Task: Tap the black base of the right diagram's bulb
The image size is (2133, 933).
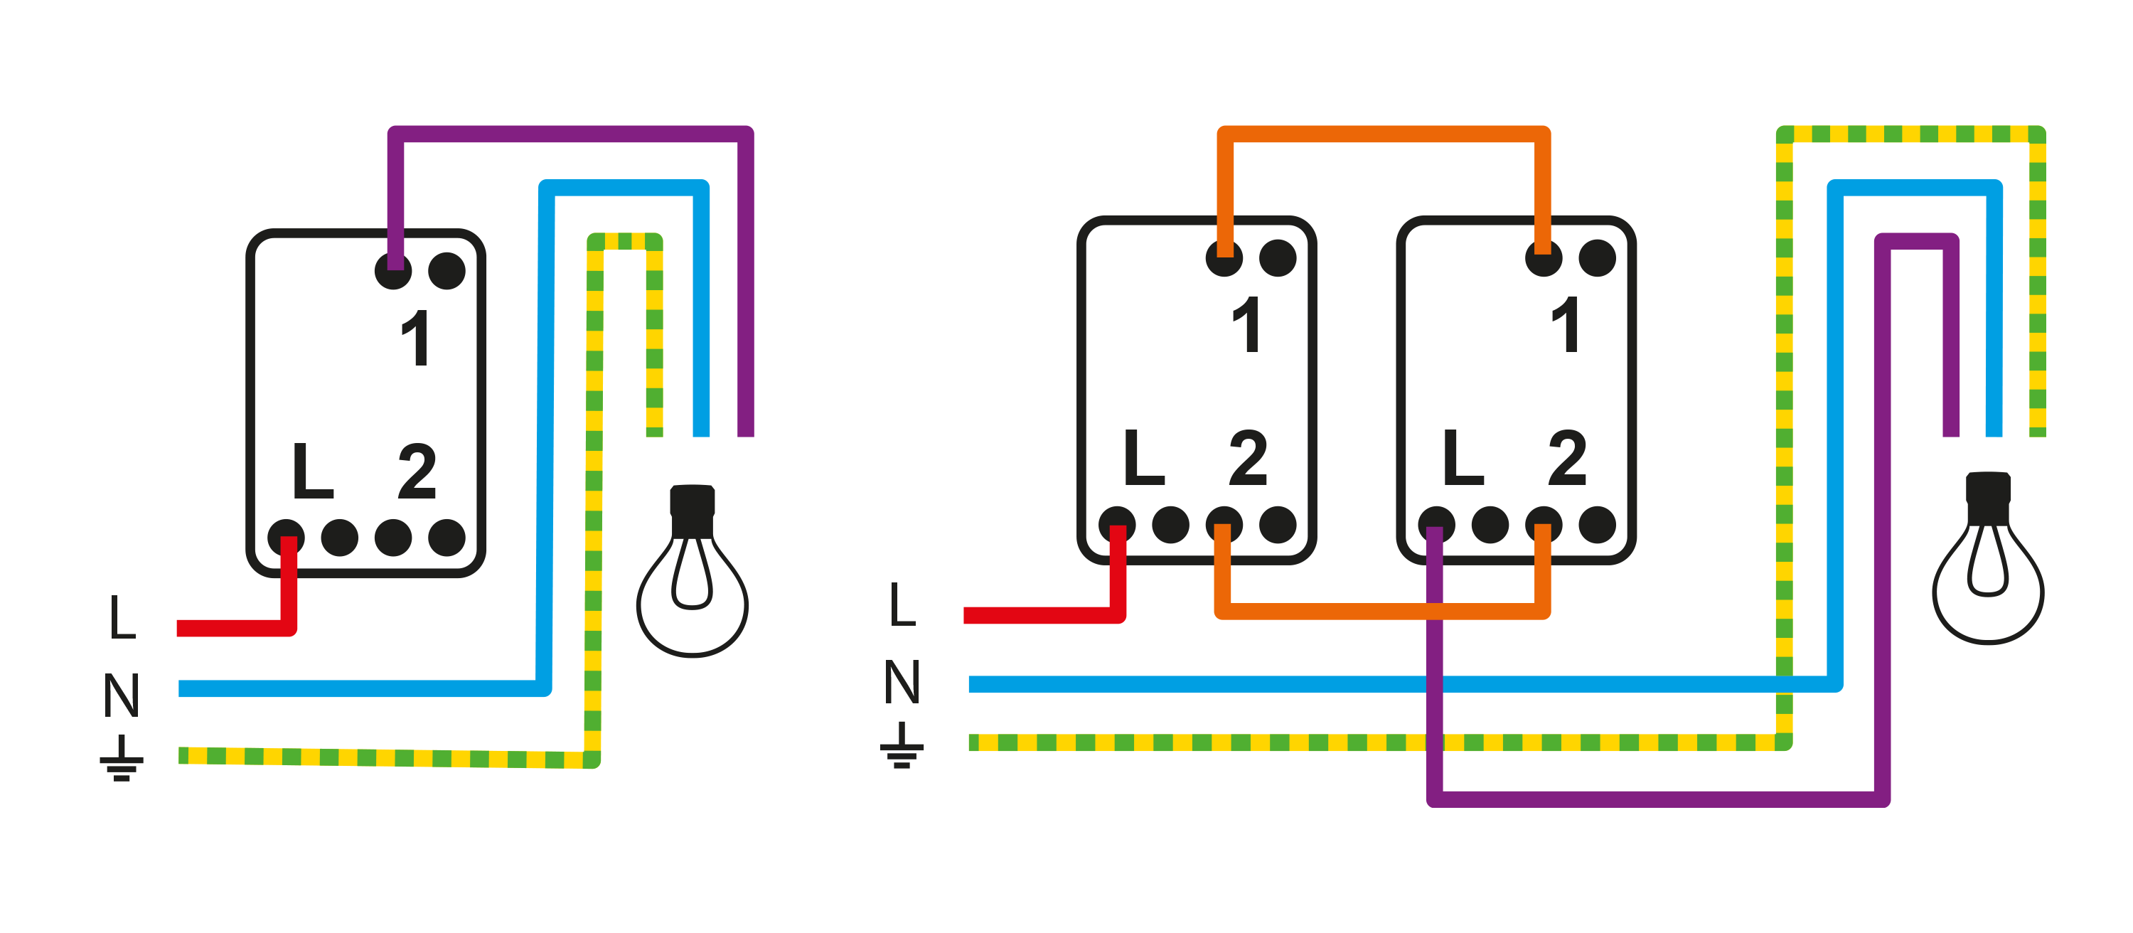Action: point(1988,498)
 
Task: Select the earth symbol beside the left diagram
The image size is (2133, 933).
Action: point(122,758)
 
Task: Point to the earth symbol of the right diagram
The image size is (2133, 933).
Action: point(902,745)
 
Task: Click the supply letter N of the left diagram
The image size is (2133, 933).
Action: point(122,695)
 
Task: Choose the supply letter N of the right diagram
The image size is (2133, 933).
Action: point(902,682)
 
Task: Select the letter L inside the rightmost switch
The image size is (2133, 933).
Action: point(1463,458)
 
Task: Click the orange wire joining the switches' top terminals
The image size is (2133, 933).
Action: point(1383,134)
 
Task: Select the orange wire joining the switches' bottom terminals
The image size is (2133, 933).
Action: point(1383,611)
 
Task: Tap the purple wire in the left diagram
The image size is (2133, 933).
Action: point(572,134)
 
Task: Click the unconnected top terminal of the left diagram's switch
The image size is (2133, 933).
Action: point(447,271)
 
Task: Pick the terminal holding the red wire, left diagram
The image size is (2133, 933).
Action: point(286,538)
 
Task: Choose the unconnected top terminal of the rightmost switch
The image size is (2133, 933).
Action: point(1598,258)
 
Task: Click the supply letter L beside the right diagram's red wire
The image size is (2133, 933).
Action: point(902,604)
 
